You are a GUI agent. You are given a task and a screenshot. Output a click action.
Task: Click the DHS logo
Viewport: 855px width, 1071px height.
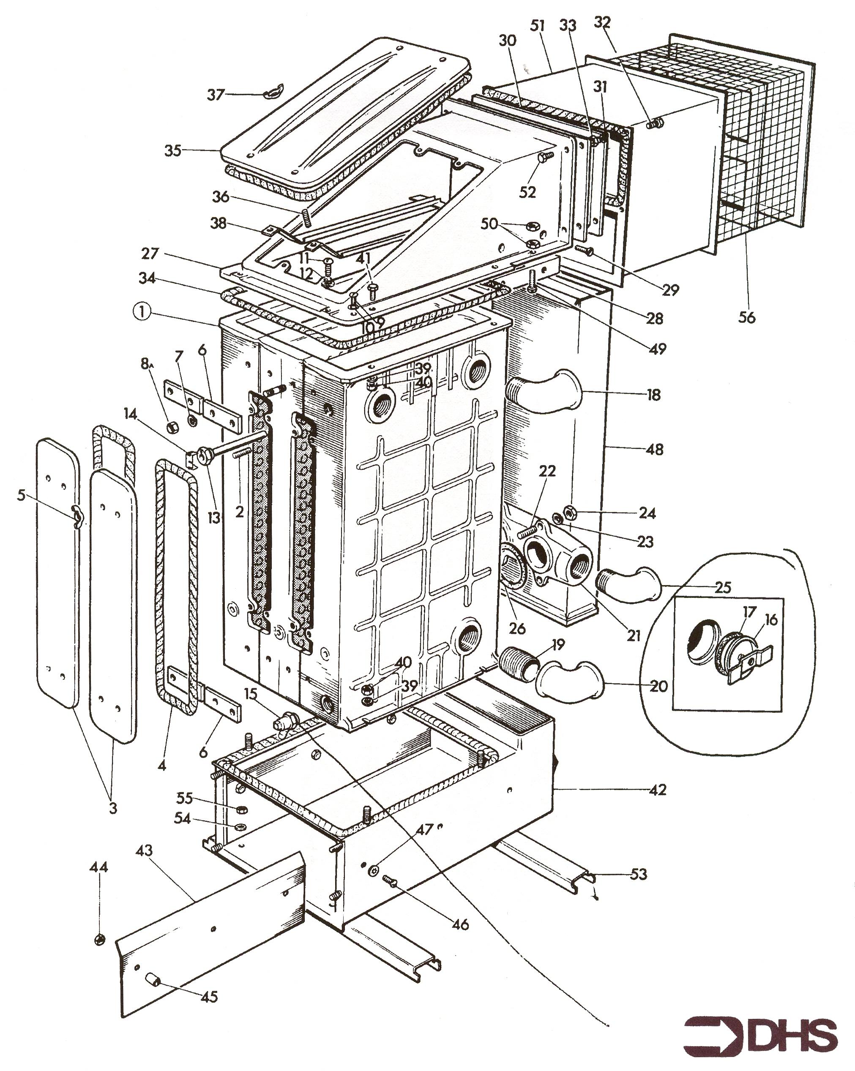point(760,1031)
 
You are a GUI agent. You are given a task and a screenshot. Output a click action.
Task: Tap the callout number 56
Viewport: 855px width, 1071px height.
point(747,316)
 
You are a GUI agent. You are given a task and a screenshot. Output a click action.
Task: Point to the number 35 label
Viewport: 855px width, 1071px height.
point(173,150)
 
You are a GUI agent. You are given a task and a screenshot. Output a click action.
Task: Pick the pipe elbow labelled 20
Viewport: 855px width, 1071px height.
point(571,681)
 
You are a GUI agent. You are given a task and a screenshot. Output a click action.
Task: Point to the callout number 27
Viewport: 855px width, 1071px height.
point(150,254)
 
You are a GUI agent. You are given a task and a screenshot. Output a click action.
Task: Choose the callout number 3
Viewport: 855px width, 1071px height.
point(113,807)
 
